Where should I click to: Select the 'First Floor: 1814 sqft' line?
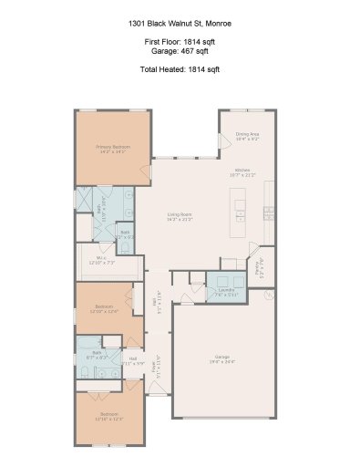(179, 43)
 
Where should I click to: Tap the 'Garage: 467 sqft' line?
(179, 53)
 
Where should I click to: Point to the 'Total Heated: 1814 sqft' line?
(179, 69)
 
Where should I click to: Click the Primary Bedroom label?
(113, 149)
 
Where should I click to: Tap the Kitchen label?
(242, 172)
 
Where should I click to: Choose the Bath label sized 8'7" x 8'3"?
(90, 357)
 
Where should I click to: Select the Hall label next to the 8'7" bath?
(132, 361)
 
